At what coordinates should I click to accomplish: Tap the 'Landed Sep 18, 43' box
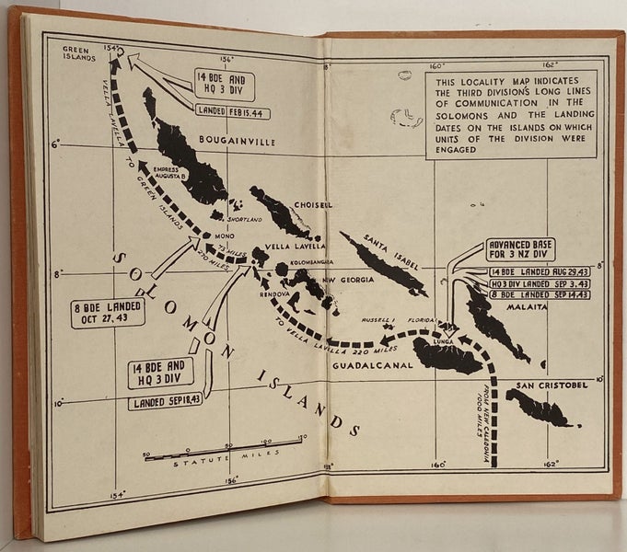(166, 402)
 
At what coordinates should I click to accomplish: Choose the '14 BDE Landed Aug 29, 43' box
(533, 271)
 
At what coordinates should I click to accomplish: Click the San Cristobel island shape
(538, 408)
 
